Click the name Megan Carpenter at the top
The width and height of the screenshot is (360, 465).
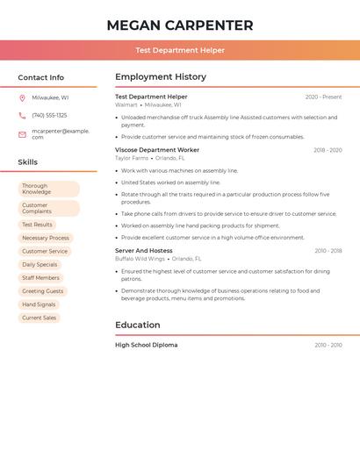pyautogui.click(x=179, y=25)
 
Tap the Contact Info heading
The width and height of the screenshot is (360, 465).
pyautogui.click(x=40, y=77)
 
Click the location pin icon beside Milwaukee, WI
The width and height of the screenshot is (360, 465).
pyautogui.click(x=22, y=98)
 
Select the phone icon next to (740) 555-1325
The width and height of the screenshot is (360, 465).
pyautogui.click(x=22, y=116)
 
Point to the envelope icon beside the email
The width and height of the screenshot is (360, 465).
pyautogui.click(x=22, y=134)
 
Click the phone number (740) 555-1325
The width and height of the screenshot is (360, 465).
pyautogui.click(x=49, y=116)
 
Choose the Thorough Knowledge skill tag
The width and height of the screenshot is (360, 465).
pyautogui.click(x=48, y=189)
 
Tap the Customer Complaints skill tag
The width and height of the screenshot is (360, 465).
pyautogui.click(x=48, y=208)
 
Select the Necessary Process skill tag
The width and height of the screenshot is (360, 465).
pyautogui.click(x=46, y=238)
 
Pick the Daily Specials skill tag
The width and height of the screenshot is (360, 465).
pyautogui.click(x=40, y=264)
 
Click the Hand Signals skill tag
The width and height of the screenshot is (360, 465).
pyautogui.click(x=39, y=304)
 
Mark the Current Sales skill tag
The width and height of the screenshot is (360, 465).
pyautogui.click(x=39, y=318)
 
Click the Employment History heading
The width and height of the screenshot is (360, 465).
pyautogui.click(x=161, y=77)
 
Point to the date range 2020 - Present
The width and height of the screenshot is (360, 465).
pyautogui.click(x=323, y=97)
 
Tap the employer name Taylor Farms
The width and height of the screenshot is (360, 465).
pyautogui.click(x=132, y=158)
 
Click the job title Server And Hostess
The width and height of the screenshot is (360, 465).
pyautogui.click(x=144, y=251)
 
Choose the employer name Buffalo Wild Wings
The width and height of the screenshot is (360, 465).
pyautogui.click(x=140, y=259)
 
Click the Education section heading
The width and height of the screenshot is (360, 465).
pyautogui.click(x=138, y=325)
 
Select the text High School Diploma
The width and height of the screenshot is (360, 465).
pyautogui.click(x=147, y=345)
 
